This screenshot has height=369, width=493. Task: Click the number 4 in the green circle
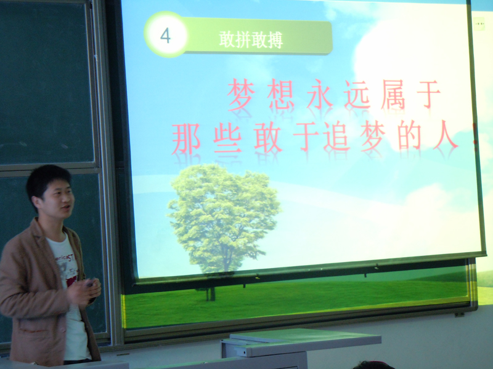[165, 36]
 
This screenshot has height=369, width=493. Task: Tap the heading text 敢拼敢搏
[251, 40]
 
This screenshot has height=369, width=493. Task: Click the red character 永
[320, 94]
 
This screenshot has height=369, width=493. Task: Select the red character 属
[393, 95]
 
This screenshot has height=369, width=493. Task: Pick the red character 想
[281, 95]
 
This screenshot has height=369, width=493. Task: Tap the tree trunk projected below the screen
[210, 294]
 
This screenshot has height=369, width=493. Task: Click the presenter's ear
[38, 204]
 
